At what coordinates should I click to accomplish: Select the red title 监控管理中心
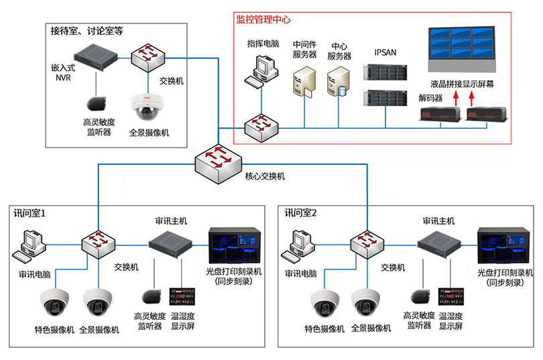point(263,19)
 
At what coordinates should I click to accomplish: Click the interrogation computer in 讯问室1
point(31,245)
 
